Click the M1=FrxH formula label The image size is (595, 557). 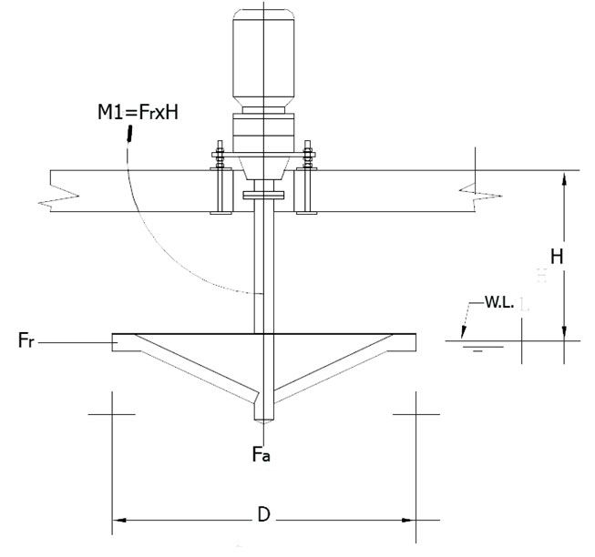click(138, 113)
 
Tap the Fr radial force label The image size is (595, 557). click(26, 339)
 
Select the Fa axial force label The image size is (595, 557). click(262, 453)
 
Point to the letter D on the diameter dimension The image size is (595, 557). click(263, 515)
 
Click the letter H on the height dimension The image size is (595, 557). click(557, 257)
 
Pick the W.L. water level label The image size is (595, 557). click(499, 302)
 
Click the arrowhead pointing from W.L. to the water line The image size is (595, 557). click(463, 332)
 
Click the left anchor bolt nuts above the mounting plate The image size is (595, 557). click(220, 155)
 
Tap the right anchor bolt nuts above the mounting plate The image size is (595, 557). click(308, 155)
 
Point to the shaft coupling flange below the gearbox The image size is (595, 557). click(263, 195)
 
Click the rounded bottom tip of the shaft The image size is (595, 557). click(263, 420)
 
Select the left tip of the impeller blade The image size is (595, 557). click(112, 342)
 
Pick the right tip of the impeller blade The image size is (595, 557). click(415, 342)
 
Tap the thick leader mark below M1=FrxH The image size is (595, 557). click(129, 134)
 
